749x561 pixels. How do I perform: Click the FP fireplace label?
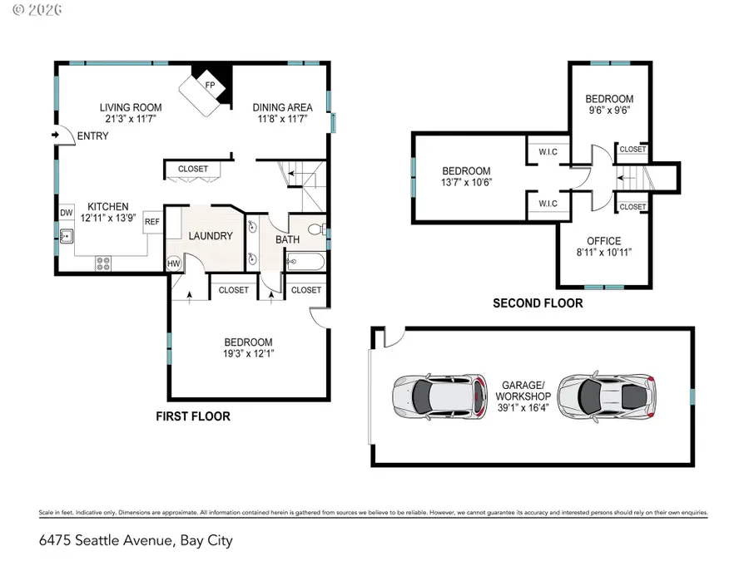(x=210, y=84)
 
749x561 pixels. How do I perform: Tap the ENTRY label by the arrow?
(x=92, y=135)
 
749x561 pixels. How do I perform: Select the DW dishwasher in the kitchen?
(x=66, y=213)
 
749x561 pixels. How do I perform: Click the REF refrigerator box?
(x=152, y=221)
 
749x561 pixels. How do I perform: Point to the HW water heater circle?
(x=174, y=263)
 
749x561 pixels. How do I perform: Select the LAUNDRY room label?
(x=210, y=236)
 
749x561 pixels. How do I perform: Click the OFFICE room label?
(x=603, y=241)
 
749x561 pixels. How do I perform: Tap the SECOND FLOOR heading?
(x=538, y=303)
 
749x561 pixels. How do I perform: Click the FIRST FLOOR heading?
(x=193, y=416)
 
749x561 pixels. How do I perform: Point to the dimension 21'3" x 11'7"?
(x=131, y=119)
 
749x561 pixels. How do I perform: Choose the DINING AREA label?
(x=283, y=107)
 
